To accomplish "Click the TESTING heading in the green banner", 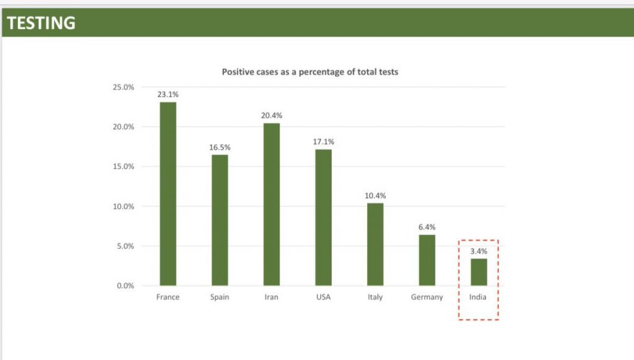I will [x=41, y=23].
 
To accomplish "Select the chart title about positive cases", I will [x=310, y=72].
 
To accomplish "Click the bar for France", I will [x=168, y=193].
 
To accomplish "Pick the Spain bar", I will [x=220, y=220].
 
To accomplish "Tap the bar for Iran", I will [x=271, y=204].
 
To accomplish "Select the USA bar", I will [x=323, y=217].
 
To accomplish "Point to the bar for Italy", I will [x=375, y=244].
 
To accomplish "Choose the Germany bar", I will [x=427, y=260].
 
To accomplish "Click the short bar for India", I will [x=479, y=272].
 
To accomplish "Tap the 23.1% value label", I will [x=168, y=94].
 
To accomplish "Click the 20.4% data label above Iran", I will [x=271, y=116].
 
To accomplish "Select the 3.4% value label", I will [x=479, y=252].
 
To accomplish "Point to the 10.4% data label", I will [x=375, y=196].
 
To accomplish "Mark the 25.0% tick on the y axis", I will [x=123, y=87].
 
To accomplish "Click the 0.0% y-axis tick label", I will [x=125, y=286].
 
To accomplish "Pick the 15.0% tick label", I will [x=123, y=167].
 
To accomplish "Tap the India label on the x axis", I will [x=478, y=297].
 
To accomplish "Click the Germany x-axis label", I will [x=427, y=297].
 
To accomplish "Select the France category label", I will [x=168, y=297].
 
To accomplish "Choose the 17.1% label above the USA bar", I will [x=323, y=142].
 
